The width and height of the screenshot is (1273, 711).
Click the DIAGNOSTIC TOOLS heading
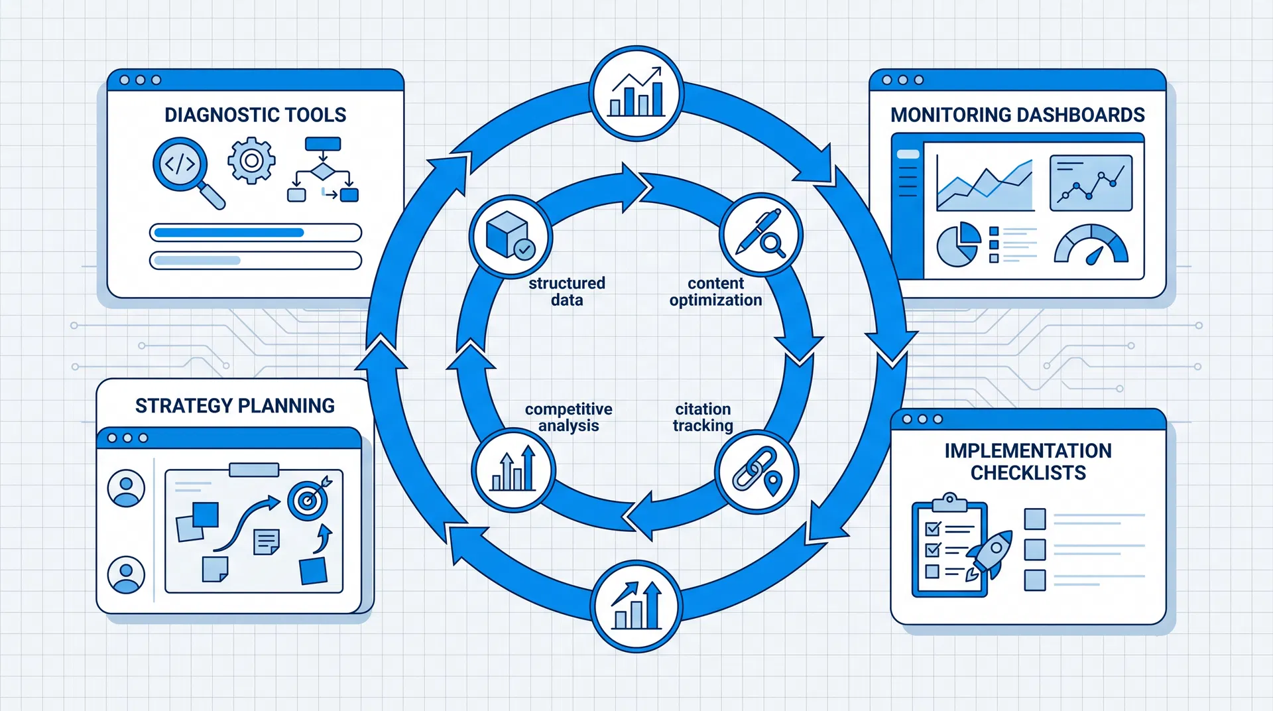255,115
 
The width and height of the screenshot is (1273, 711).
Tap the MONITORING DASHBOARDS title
1018,115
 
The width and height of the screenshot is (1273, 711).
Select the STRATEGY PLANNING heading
235,405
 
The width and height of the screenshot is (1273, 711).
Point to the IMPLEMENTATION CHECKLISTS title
1028,462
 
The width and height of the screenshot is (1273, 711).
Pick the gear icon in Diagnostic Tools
251,161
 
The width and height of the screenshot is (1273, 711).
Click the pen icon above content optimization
761,234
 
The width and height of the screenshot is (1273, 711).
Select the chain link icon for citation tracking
757,471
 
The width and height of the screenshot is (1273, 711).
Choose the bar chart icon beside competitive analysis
513,470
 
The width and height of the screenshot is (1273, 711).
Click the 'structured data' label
567,292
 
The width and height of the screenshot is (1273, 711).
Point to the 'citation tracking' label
703,417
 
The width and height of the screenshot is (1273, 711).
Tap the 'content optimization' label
715,292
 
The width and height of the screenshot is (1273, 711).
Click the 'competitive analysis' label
569,417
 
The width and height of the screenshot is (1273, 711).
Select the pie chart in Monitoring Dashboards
958,244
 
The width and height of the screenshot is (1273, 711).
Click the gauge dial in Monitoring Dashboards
1091,244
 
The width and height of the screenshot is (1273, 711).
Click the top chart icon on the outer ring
636,93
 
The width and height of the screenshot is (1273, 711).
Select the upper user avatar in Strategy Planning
126,488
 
